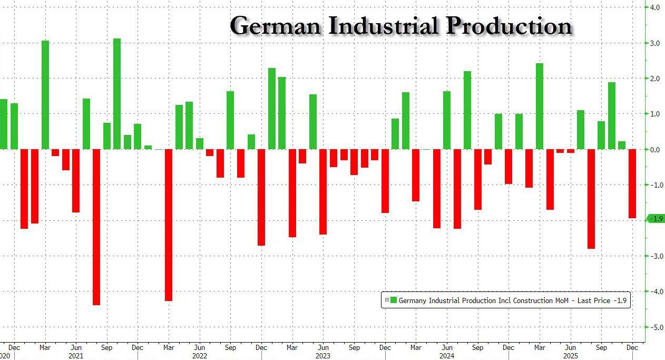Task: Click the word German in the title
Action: pos(275,26)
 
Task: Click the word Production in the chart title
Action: pos(509,26)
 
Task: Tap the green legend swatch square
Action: pos(393,300)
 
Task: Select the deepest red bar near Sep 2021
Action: pos(96,227)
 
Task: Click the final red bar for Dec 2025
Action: pos(632,183)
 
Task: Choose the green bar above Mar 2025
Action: pos(539,106)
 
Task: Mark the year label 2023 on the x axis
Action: pos(322,356)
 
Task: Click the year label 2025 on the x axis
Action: pos(570,356)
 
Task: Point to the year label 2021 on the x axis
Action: pos(76,356)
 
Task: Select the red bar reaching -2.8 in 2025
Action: pos(591,199)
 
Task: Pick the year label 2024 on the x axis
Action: pos(446,356)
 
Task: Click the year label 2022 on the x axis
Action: pos(199,356)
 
